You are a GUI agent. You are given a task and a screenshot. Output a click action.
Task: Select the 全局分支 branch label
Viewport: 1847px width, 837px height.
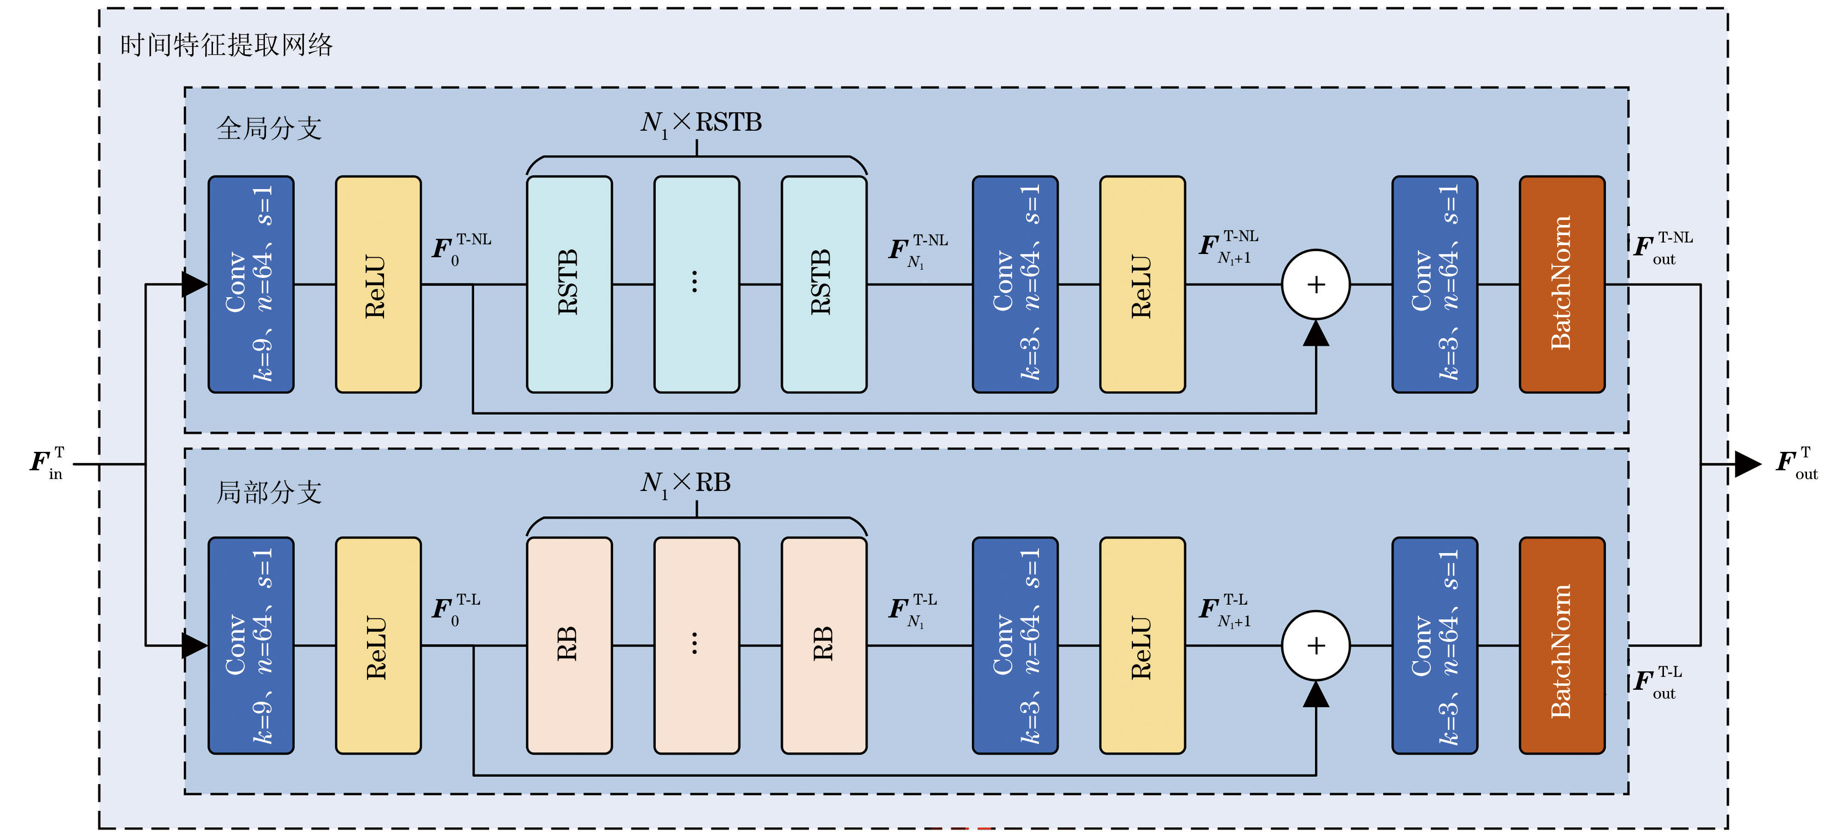pyautogui.click(x=269, y=128)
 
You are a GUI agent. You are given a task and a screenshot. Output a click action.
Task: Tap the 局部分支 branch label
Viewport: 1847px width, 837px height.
pyautogui.click(x=269, y=492)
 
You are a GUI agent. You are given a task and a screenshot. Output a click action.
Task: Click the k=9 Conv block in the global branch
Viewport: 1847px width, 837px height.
pyautogui.click(x=251, y=284)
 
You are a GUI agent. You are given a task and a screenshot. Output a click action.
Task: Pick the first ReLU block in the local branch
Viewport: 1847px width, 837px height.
pyautogui.click(x=379, y=646)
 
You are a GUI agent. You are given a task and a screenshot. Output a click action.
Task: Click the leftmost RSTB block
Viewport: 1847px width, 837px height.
pyautogui.click(x=569, y=284)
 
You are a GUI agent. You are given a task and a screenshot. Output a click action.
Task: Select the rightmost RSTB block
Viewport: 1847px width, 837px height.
pyautogui.click(x=824, y=284)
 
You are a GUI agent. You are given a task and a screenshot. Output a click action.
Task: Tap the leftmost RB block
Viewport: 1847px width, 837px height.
pyautogui.click(x=569, y=646)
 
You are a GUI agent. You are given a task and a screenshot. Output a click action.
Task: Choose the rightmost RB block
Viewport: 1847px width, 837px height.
pyautogui.click(x=824, y=646)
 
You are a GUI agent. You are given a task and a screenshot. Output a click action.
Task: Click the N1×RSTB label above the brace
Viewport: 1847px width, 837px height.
pyautogui.click(x=700, y=123)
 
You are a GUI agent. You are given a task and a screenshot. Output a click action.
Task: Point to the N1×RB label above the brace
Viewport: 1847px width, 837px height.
pyautogui.click(x=685, y=484)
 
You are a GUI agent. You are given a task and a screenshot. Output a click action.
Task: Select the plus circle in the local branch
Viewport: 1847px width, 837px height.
pyautogui.click(x=1316, y=646)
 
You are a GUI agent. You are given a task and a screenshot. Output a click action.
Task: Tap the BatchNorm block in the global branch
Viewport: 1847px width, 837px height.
pyautogui.click(x=1562, y=284)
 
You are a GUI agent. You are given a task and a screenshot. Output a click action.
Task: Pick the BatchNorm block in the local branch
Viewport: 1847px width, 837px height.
pyautogui.click(x=1562, y=646)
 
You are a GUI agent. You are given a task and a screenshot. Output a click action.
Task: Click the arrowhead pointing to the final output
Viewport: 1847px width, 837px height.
pyautogui.click(x=1748, y=464)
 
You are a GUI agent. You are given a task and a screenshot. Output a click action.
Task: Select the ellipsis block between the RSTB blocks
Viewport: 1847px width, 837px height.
pyautogui.click(x=697, y=284)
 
